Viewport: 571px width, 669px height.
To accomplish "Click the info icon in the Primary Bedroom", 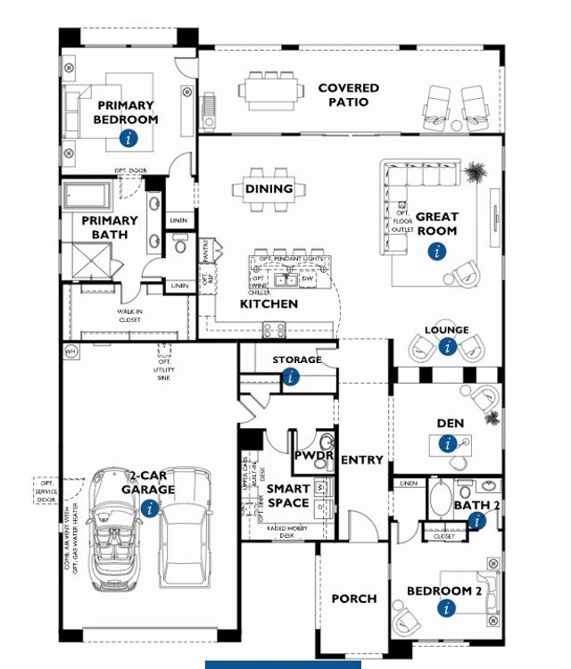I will (x=129, y=138).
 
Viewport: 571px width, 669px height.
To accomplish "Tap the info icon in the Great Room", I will (x=436, y=252).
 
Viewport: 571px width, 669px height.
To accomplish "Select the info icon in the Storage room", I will (x=291, y=377).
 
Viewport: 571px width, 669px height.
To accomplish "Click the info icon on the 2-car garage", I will (x=150, y=508).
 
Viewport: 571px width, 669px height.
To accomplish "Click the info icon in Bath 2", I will (x=476, y=521).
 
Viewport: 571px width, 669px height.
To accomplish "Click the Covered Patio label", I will (x=349, y=95).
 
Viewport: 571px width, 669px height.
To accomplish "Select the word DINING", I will (x=269, y=189).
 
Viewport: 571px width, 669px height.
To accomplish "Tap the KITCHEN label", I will (x=269, y=304).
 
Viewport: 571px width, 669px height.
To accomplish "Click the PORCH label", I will (x=354, y=599).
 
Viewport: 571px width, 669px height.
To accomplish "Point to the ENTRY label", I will (x=361, y=460).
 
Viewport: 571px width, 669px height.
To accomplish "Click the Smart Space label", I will (x=288, y=495).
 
